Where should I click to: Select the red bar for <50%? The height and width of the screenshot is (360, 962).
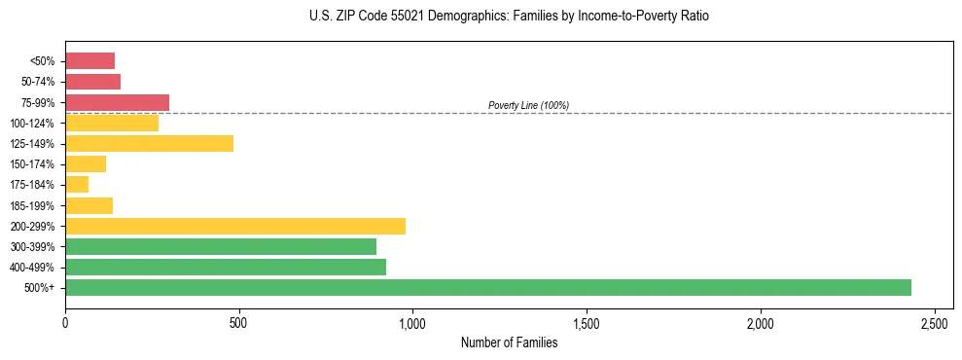point(89,61)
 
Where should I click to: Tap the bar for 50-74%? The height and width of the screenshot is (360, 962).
point(92,82)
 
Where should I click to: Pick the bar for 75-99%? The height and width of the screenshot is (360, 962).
point(117,102)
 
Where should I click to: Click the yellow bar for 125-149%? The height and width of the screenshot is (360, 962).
point(149,143)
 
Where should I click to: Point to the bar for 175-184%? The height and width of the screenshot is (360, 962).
point(77,185)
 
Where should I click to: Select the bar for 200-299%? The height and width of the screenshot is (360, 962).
point(235,226)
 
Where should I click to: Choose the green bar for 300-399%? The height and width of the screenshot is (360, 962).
point(221,246)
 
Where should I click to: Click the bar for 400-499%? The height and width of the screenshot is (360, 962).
point(226,267)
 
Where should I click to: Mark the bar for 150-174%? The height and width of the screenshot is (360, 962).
point(86,164)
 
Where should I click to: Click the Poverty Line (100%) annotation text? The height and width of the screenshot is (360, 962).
point(528,105)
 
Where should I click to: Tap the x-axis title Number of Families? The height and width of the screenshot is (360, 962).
point(509,342)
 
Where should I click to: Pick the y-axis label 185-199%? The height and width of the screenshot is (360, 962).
point(32,205)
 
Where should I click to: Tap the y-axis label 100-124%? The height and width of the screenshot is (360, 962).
point(32,124)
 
